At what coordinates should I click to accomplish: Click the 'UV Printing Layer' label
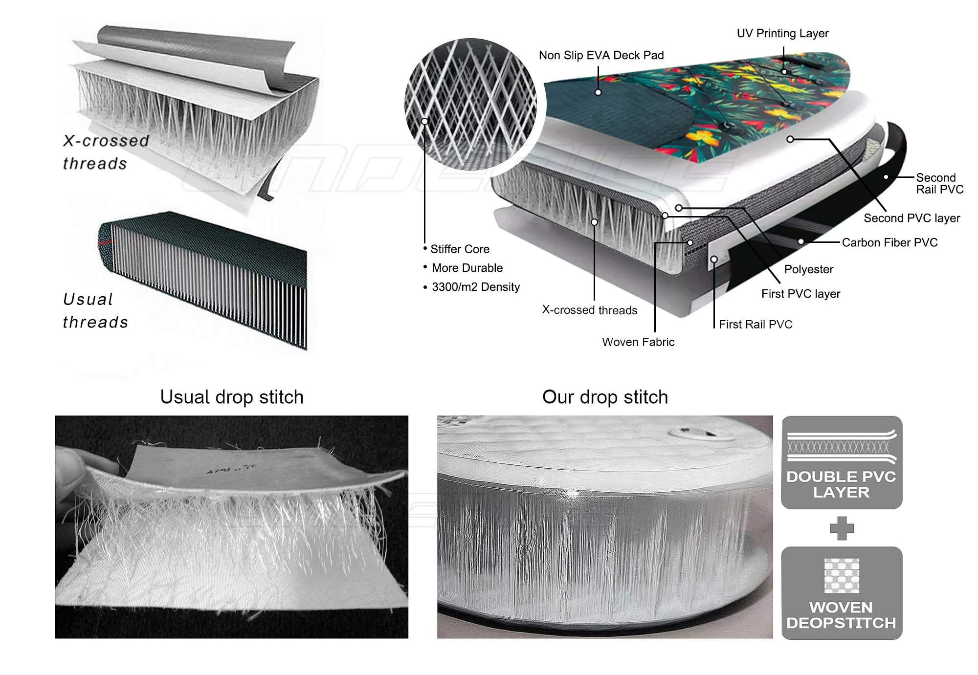pyautogui.click(x=782, y=34)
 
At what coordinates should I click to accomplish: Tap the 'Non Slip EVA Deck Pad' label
pyautogui.click(x=601, y=56)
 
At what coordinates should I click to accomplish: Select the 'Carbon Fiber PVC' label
pyautogui.click(x=889, y=243)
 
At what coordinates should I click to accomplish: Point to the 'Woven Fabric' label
pyautogui.click(x=638, y=342)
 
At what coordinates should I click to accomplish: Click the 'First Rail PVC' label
pyautogui.click(x=756, y=325)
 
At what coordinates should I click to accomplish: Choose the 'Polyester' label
pyautogui.click(x=809, y=269)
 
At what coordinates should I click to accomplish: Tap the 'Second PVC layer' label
pyautogui.click(x=911, y=218)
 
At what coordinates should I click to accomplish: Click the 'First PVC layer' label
pyautogui.click(x=800, y=294)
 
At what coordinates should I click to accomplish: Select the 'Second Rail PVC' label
pyautogui.click(x=939, y=184)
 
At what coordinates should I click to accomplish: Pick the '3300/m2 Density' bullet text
pyautogui.click(x=475, y=287)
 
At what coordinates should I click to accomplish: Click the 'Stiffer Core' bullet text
pyautogui.click(x=460, y=249)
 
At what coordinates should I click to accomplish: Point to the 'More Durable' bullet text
pyautogui.click(x=467, y=268)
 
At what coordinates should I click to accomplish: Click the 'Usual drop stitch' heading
pyautogui.click(x=232, y=397)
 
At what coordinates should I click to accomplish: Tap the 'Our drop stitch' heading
pyautogui.click(x=605, y=397)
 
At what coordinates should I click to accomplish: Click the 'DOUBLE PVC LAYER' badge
pyautogui.click(x=842, y=462)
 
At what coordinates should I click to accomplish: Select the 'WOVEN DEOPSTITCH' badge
pyautogui.click(x=842, y=593)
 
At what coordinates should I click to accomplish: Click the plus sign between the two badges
pyautogui.click(x=842, y=528)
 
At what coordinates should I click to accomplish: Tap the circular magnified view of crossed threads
pyautogui.click(x=470, y=104)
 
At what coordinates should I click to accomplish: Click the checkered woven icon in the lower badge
pyautogui.click(x=842, y=575)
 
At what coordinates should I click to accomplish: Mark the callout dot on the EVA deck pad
pyautogui.click(x=598, y=92)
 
